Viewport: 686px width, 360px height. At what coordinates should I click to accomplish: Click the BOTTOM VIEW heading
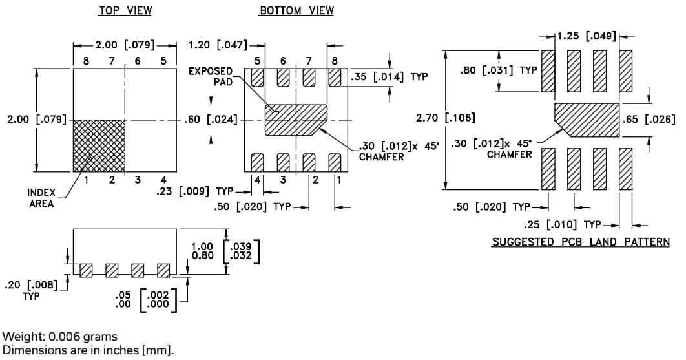(296, 10)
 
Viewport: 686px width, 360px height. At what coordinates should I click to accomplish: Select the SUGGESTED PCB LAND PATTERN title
(580, 242)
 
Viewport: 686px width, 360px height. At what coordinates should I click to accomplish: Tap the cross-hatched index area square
(99, 145)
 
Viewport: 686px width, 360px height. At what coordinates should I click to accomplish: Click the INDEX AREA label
(41, 198)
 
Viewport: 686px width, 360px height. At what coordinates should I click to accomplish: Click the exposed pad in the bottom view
(296, 120)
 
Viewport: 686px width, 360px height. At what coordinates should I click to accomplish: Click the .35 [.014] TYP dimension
(388, 77)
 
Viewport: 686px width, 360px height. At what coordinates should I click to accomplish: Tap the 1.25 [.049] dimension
(587, 36)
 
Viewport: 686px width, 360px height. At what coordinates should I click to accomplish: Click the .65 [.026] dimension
(648, 119)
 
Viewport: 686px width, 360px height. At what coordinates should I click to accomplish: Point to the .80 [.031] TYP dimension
(498, 70)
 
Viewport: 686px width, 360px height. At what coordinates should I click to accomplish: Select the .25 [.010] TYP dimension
(561, 225)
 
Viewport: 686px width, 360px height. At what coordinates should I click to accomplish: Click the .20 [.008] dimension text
(31, 284)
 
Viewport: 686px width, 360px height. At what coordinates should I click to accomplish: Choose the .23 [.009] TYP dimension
(194, 191)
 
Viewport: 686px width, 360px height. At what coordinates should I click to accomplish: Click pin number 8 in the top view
(85, 61)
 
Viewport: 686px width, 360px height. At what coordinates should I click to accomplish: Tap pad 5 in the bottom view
(258, 78)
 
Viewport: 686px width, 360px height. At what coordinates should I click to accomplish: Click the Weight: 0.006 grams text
(60, 336)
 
